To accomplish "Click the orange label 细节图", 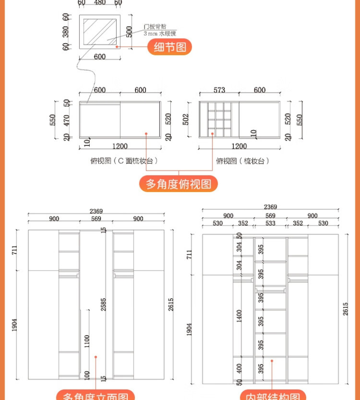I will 170,47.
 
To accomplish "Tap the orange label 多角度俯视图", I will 178,184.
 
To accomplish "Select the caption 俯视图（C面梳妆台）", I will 124,161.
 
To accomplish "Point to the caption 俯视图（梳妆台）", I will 242,161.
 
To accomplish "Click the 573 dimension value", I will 219,90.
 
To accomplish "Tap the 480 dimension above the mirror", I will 99,3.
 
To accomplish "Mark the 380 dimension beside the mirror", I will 67,31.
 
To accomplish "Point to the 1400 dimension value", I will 239,316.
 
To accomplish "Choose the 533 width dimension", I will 270,223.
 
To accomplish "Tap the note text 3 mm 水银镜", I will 160,34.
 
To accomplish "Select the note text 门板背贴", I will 154,27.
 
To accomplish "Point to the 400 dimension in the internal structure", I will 239,367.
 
